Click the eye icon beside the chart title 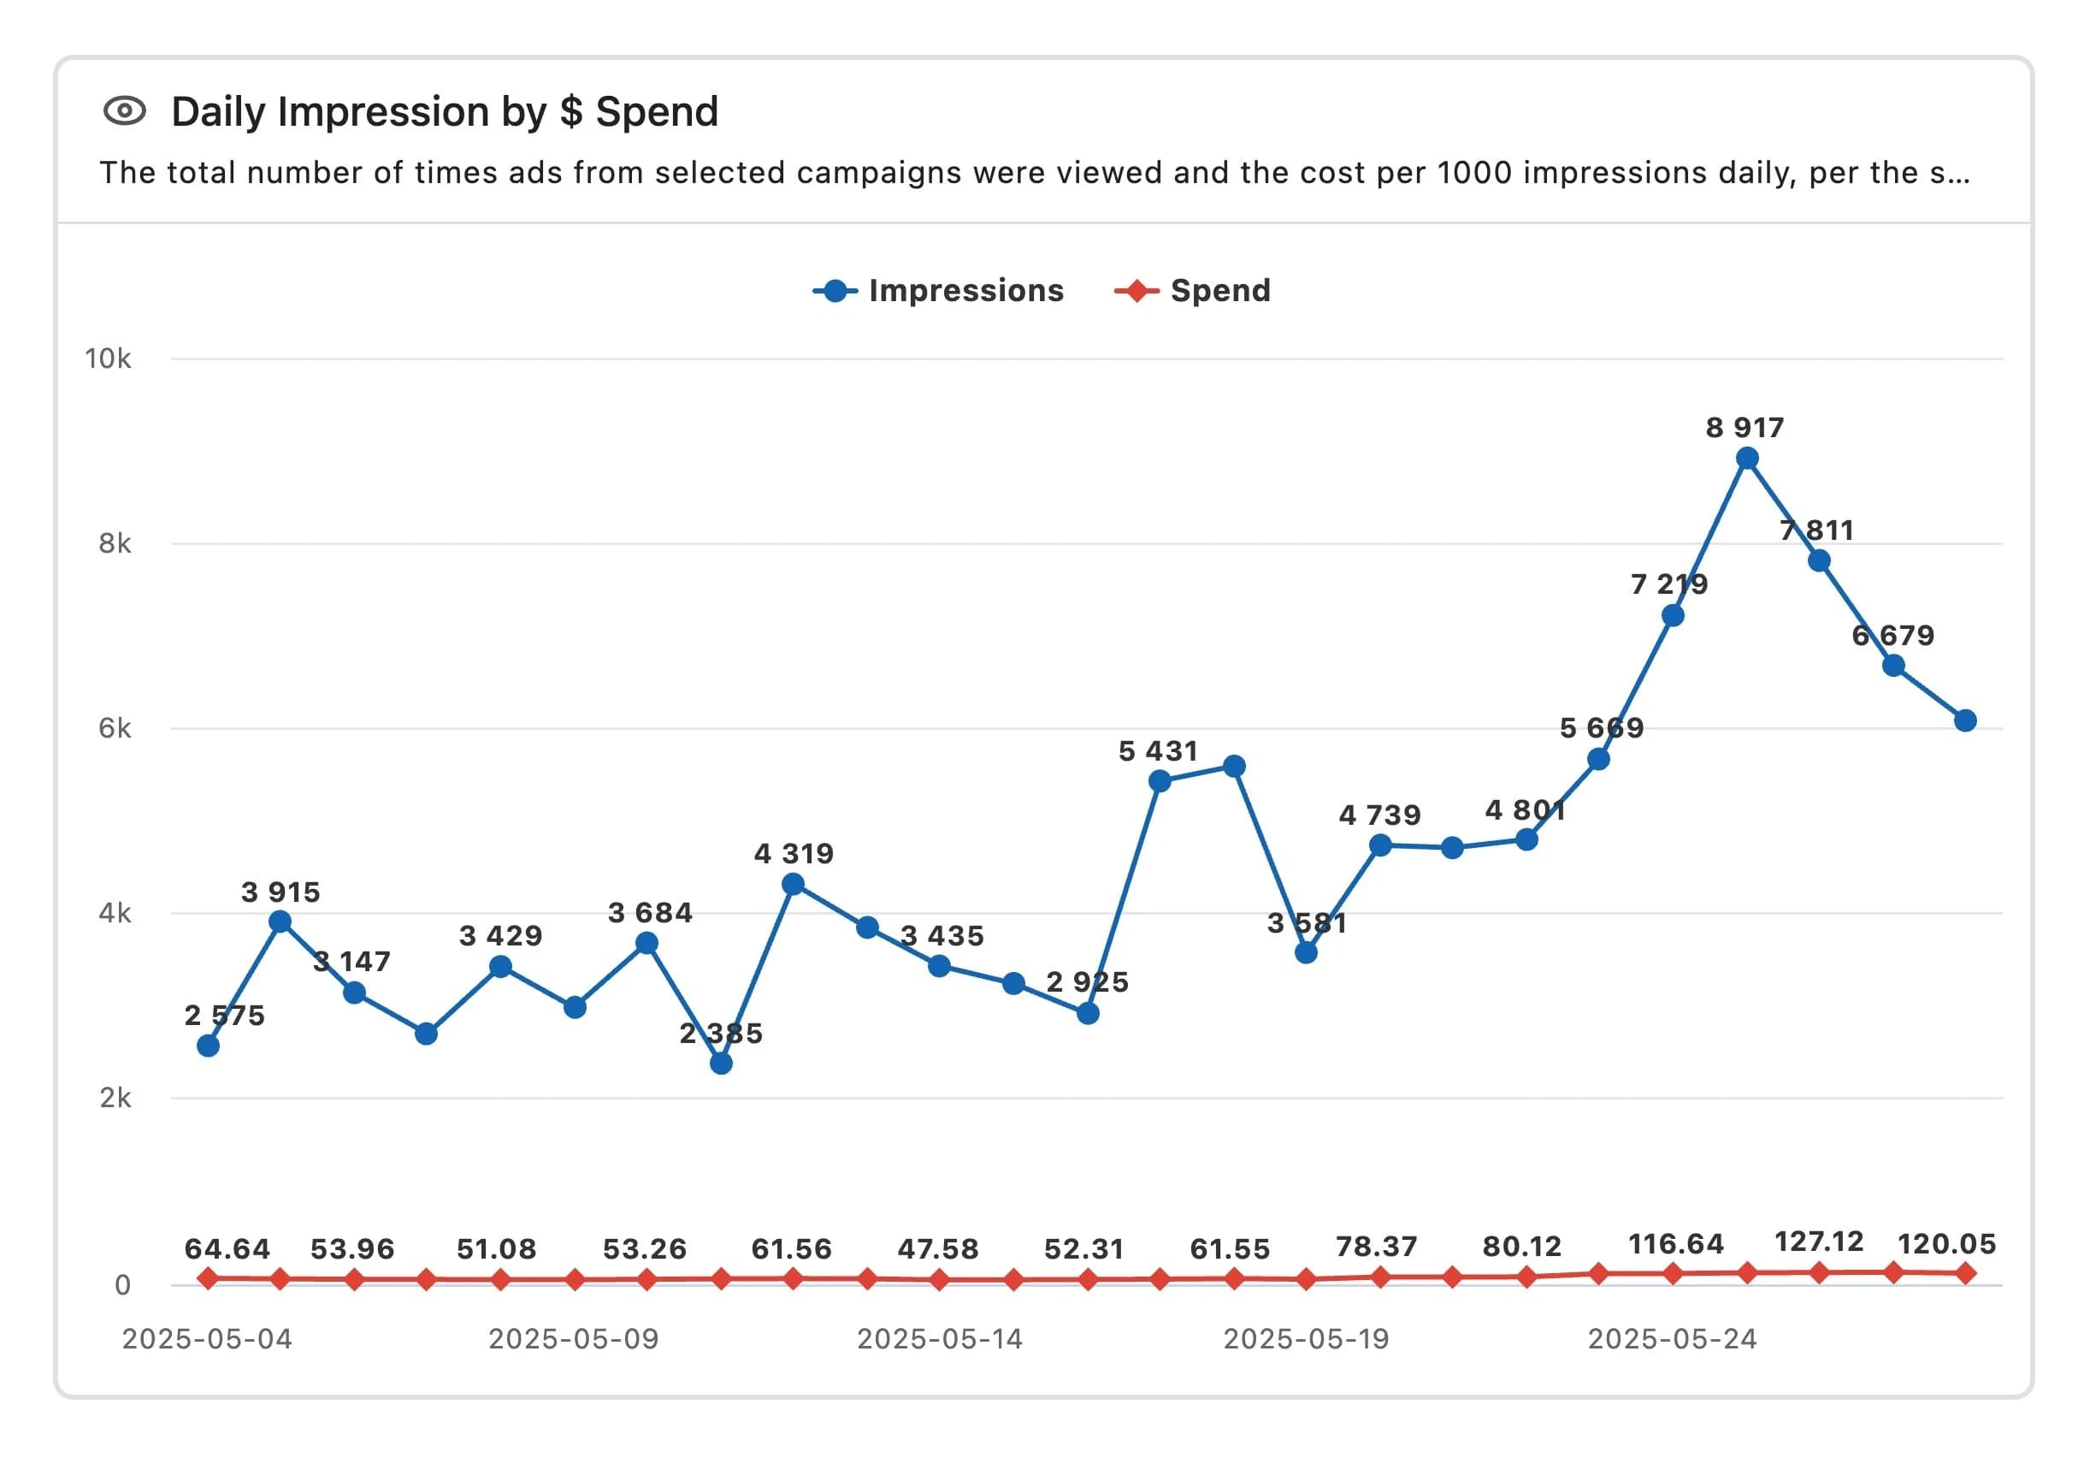pos(125,111)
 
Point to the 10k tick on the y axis pos(108,359)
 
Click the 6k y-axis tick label pos(114,728)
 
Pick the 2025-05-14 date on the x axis pos(940,1339)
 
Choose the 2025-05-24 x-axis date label pos(1672,1339)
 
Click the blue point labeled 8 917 pos(1747,458)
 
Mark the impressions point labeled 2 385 pos(721,1063)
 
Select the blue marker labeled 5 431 pos(1160,780)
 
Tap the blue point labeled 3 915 pos(280,922)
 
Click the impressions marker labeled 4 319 pos(793,884)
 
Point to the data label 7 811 pos(1817,530)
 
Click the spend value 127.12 pos(1819,1242)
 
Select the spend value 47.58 pos(937,1248)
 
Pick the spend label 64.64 pos(227,1248)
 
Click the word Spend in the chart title pos(656,112)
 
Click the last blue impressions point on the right pos(1965,720)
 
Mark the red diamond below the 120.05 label pos(1965,1273)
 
